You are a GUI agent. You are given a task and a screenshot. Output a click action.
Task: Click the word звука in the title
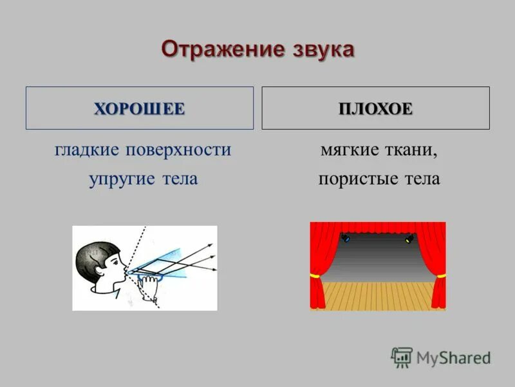tap(321, 50)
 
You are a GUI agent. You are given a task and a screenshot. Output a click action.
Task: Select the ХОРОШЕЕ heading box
tap(139, 108)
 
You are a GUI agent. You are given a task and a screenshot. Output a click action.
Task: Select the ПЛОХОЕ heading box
tap(375, 108)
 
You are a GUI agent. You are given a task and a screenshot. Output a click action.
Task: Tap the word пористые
tap(355, 179)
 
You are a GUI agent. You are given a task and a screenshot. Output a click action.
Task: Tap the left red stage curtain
tap(322, 258)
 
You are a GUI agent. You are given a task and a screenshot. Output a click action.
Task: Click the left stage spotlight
tap(346, 239)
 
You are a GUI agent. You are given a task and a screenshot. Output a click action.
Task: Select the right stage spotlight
tap(408, 239)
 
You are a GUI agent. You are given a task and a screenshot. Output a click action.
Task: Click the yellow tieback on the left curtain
tap(315, 275)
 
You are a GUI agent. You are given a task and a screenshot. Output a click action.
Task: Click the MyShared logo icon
tap(402, 357)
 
